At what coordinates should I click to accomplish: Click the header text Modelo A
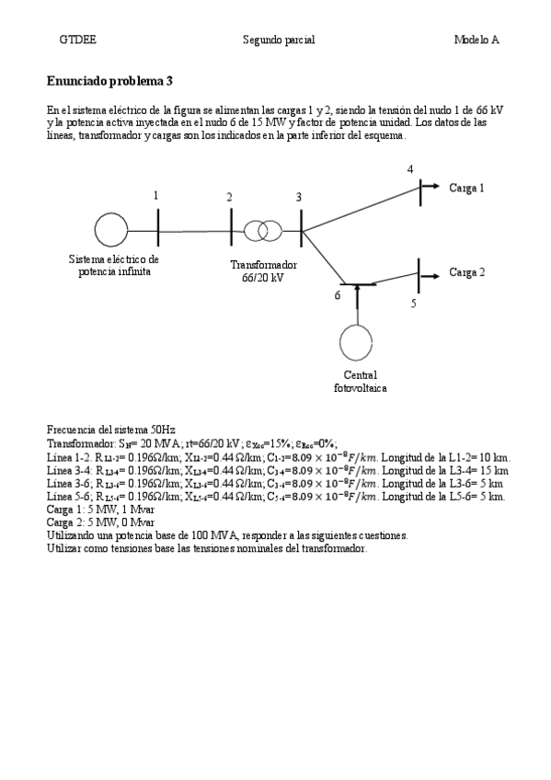click(476, 40)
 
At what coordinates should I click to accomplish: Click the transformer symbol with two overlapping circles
click(262, 230)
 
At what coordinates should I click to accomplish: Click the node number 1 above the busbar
click(156, 195)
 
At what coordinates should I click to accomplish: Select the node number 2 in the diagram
click(229, 197)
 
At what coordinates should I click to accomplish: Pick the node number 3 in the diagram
click(298, 197)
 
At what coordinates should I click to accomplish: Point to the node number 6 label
click(337, 295)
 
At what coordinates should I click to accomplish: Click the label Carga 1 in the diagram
click(466, 188)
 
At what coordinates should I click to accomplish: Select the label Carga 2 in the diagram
click(466, 272)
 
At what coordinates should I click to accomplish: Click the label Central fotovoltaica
click(360, 382)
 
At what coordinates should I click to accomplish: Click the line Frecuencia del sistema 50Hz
click(110, 430)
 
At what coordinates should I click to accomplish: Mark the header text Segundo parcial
click(279, 40)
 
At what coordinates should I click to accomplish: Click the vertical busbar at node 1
click(158, 228)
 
